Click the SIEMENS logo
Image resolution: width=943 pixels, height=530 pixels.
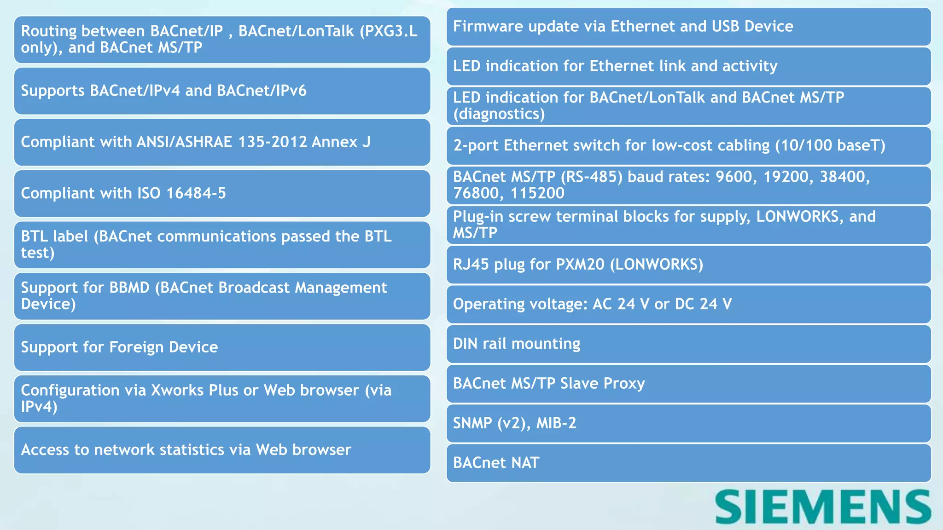tap(823, 507)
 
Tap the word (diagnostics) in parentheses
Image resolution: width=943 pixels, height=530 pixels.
tap(499, 114)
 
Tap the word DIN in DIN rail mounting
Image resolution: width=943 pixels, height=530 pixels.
tap(465, 344)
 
